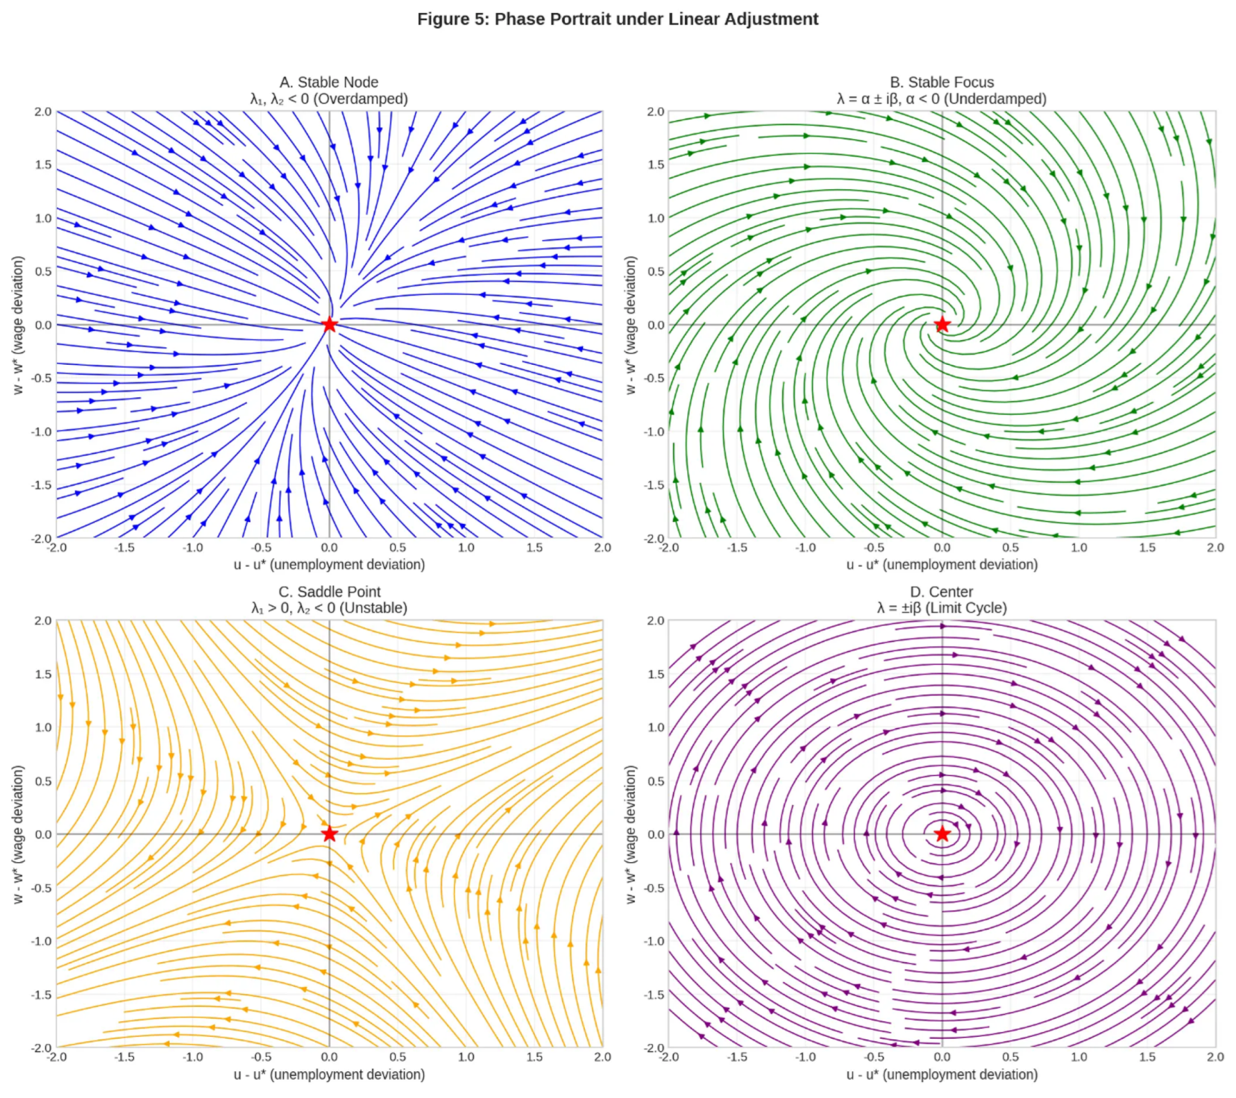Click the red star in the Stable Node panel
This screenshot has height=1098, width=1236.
[329, 325]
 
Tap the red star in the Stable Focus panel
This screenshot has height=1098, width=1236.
[942, 325]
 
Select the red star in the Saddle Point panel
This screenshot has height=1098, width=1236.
[329, 834]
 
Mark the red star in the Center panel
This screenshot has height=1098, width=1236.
[942, 834]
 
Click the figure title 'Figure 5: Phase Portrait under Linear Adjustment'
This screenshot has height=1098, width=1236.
[617, 19]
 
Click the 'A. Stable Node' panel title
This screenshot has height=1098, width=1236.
[329, 82]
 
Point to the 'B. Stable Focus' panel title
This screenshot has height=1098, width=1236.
[942, 82]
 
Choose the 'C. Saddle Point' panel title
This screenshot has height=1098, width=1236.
[329, 592]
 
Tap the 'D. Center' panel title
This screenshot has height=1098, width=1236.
[942, 592]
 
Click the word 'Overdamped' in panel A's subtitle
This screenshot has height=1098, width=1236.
[361, 98]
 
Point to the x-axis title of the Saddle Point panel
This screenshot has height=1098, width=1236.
[329, 1074]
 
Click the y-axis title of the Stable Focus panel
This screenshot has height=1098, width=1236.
[632, 325]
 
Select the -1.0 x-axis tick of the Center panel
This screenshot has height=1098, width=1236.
[805, 1057]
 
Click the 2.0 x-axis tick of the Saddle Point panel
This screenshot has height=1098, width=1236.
[601, 1057]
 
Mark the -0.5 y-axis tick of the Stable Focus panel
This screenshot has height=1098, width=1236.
[655, 378]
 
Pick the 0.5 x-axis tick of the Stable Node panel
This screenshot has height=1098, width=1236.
[398, 548]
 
